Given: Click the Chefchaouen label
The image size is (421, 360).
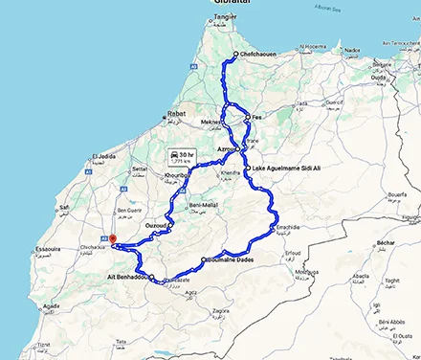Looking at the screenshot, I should click(258, 55).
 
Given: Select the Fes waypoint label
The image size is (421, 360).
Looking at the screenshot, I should click(255, 119).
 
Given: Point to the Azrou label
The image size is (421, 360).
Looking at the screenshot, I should click(226, 150).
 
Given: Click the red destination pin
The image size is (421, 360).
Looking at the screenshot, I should click(112, 239).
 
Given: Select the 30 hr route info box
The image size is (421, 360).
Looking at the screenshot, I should click(182, 157).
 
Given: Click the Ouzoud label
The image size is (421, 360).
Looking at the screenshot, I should click(157, 224).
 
